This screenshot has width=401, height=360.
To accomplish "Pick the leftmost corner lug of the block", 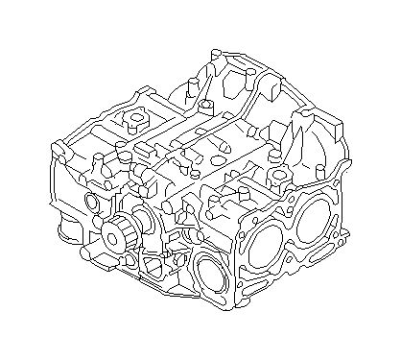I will [56, 149].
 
